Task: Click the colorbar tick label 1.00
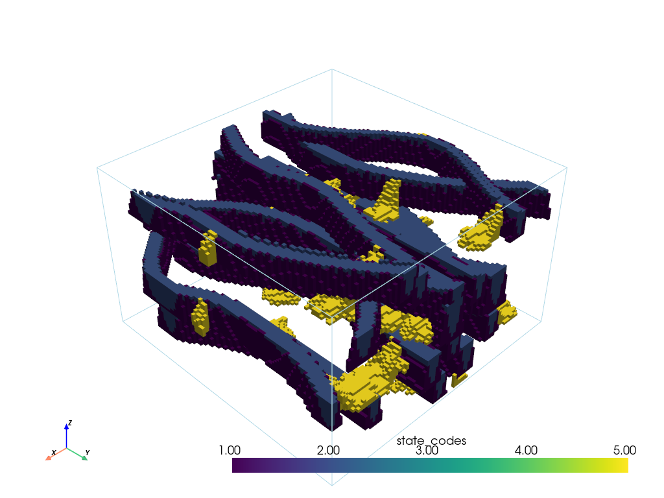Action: (x=230, y=450)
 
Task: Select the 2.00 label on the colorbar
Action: (x=328, y=450)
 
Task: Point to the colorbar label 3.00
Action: (x=427, y=450)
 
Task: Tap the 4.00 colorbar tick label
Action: (x=526, y=450)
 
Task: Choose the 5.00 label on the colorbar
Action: (x=624, y=450)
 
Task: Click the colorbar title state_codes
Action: (x=431, y=441)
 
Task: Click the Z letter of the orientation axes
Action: (x=70, y=423)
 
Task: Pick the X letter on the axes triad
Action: (x=54, y=453)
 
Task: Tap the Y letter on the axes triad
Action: (x=88, y=453)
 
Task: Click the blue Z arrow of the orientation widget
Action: (x=67, y=435)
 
